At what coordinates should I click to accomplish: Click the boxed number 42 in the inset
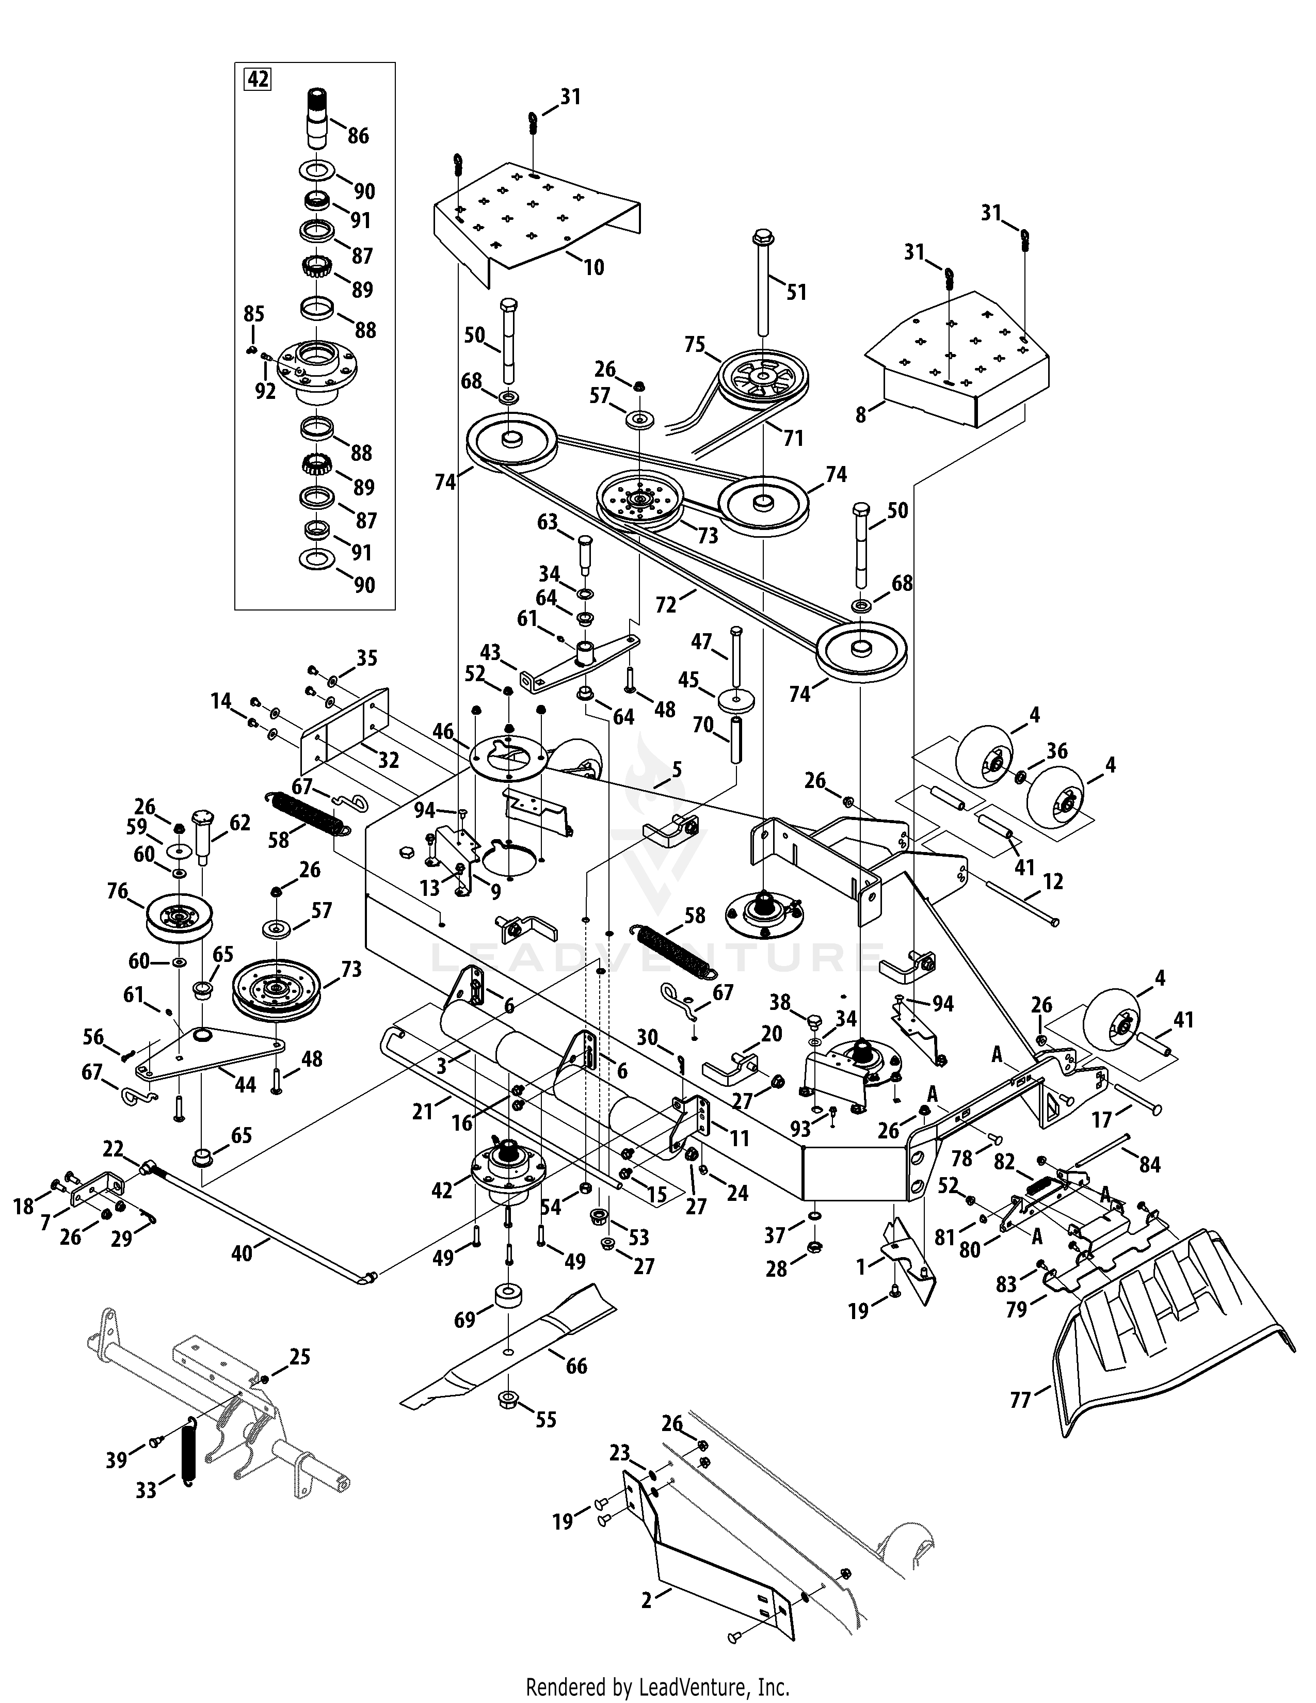258,79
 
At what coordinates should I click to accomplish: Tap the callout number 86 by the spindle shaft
358,136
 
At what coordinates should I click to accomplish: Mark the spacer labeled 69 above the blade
507,1300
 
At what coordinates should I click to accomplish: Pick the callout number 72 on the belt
666,604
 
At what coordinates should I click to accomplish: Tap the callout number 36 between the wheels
1056,750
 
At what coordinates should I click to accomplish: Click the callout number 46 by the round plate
443,731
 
